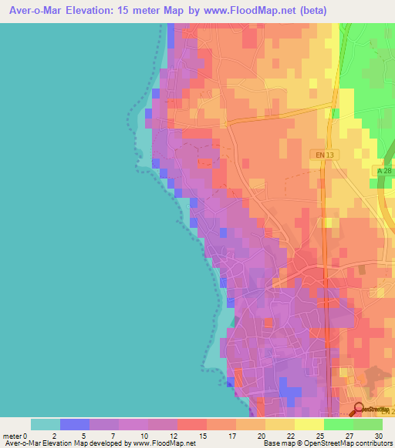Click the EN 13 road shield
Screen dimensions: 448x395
pyautogui.click(x=326, y=155)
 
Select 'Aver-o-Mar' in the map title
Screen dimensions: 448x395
pyautogui.click(x=34, y=11)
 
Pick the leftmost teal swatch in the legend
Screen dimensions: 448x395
pyautogui.click(x=46, y=424)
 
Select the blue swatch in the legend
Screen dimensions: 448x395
pyautogui.click(x=75, y=424)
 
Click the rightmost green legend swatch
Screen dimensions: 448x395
pyautogui.click(x=367, y=424)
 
